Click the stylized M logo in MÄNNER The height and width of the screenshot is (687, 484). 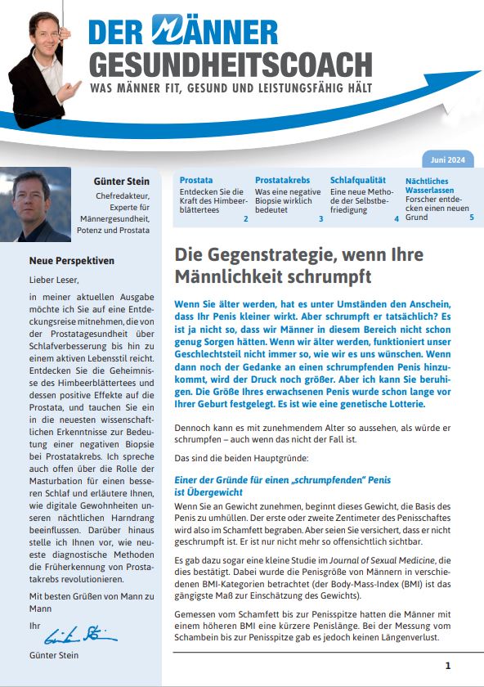(171, 30)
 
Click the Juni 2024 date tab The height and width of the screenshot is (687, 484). (448, 160)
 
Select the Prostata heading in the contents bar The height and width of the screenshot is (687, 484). (195, 179)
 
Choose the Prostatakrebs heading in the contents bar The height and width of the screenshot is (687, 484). (282, 179)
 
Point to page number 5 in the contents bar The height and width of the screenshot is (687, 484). (472, 218)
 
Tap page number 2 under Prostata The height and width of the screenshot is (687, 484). (245, 218)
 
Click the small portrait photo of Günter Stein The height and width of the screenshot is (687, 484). (35, 204)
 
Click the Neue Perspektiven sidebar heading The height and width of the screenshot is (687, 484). (72, 261)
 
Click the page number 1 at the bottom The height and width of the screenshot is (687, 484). (447, 665)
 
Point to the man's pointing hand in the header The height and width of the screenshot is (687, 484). (71, 88)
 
